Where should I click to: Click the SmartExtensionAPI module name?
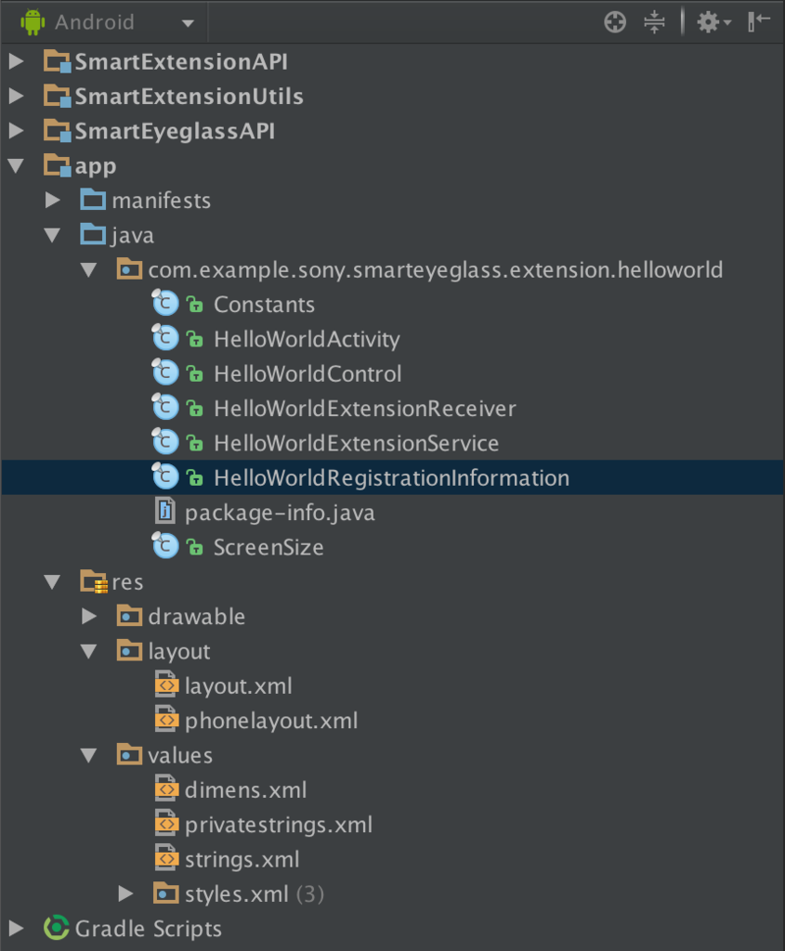coord(181,62)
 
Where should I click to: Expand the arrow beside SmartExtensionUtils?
coord(17,96)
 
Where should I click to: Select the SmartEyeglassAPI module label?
coord(175,132)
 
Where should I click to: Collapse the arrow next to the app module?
coord(17,165)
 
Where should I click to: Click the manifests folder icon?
coord(93,200)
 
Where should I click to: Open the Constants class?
coord(264,305)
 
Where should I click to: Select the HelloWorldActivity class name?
coord(307,340)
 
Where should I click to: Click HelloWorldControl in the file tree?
coord(307,374)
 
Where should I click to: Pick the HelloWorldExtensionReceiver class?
coord(365,409)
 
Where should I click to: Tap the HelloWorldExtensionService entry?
coord(357,443)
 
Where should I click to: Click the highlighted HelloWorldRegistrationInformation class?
coord(392,478)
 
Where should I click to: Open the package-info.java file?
coord(280,513)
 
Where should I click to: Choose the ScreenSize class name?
coord(268,548)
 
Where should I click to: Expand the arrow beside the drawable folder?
coord(89,617)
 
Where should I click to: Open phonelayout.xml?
coord(271,721)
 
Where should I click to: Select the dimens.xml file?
coord(245,790)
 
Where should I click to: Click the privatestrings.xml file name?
coord(279,825)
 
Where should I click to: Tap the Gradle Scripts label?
coord(149,929)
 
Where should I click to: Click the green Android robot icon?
coord(33,22)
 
